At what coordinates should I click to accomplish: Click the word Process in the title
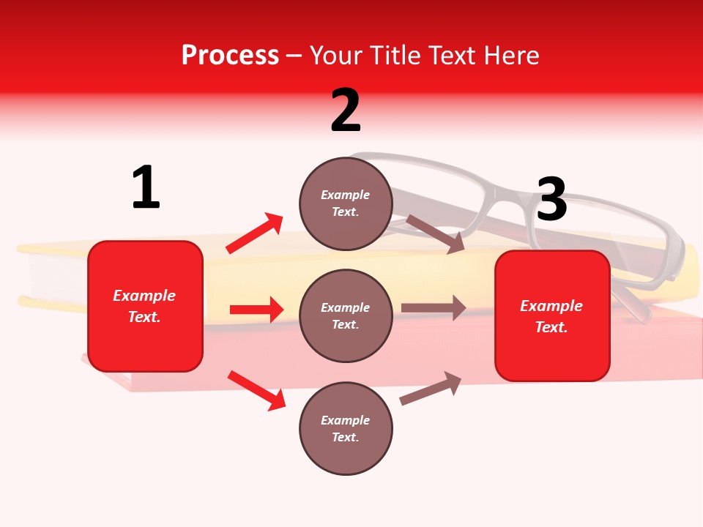tap(230, 56)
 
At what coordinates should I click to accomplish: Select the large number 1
tap(146, 188)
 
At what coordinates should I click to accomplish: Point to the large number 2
tap(346, 111)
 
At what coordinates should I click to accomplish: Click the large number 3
tap(551, 200)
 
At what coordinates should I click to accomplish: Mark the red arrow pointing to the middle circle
tap(256, 310)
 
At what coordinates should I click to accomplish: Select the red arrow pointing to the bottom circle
tap(256, 389)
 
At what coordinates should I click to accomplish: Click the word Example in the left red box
tap(144, 296)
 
